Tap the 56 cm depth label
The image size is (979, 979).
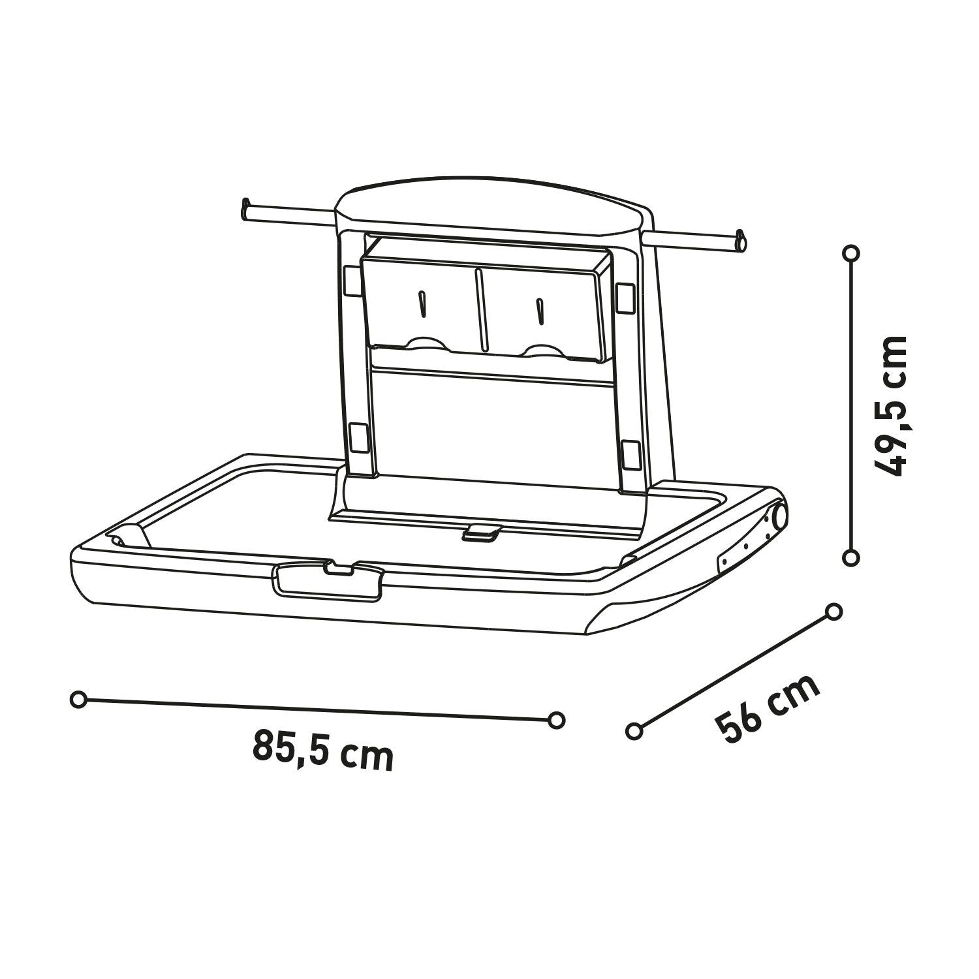[x=768, y=708]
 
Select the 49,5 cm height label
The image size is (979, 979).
[x=892, y=406]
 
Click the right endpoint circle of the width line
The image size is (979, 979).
[x=556, y=720]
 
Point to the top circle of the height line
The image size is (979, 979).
[x=850, y=253]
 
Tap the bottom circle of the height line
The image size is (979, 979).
[x=850, y=557]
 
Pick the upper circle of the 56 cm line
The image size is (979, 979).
[x=833, y=612]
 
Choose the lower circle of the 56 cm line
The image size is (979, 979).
[x=633, y=730]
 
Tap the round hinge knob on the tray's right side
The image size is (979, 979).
[x=778, y=517]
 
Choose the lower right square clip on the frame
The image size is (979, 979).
[x=631, y=454]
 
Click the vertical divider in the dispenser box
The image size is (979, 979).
[x=480, y=310]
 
